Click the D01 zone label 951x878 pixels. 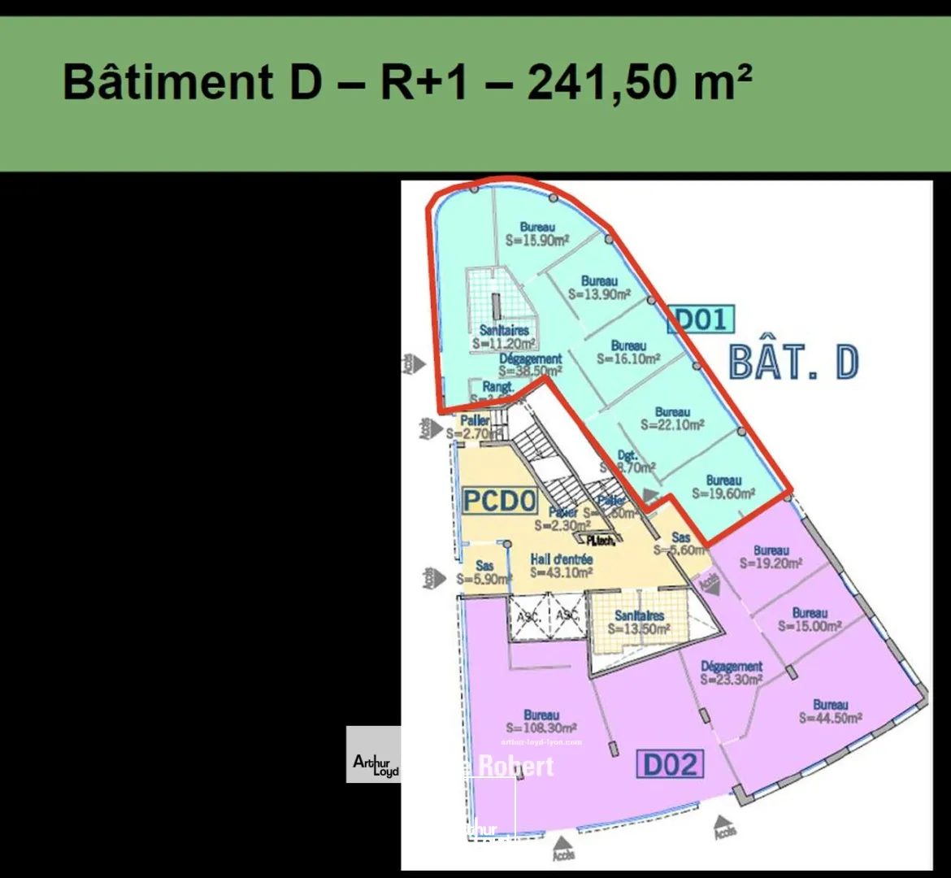coord(700,319)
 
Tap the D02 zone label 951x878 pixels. coord(670,764)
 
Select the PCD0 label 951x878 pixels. coord(499,501)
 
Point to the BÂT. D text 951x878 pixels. coord(793,363)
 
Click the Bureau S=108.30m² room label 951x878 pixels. coord(541,722)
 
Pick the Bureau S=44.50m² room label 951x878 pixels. coord(830,711)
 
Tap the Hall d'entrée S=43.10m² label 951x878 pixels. coord(561,566)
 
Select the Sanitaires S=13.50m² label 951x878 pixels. coord(639,623)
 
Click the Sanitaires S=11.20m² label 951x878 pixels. coord(504,337)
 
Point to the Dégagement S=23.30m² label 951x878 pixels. coord(732,673)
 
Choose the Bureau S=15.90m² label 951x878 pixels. coord(537,234)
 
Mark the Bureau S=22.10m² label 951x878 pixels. coord(672,419)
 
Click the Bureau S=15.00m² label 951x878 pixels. coord(810,619)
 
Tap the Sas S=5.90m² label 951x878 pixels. coord(484,572)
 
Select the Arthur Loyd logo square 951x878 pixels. coord(374,754)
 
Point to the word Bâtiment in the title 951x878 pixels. coord(168,83)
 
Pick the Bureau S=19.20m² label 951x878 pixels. coord(771,557)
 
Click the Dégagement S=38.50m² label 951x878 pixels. coord(531,364)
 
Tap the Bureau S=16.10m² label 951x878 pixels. coord(628,352)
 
